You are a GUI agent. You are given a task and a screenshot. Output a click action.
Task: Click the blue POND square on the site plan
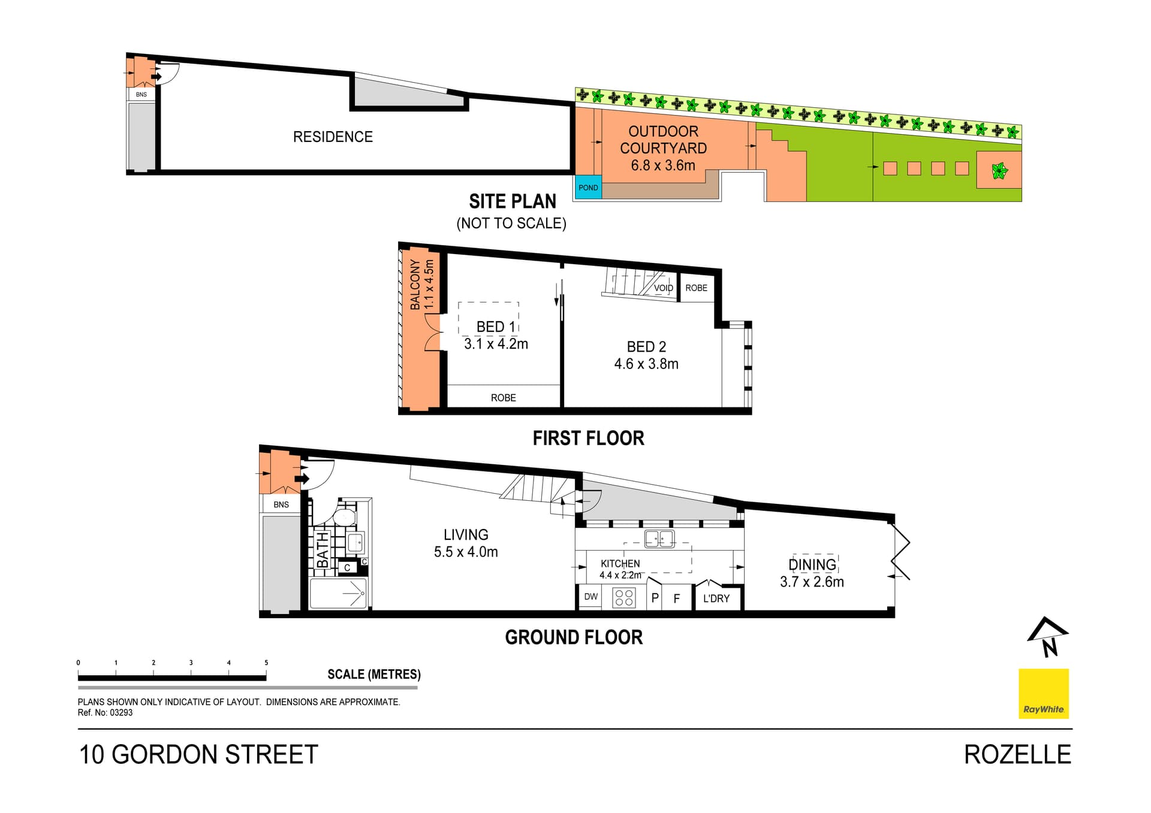587,188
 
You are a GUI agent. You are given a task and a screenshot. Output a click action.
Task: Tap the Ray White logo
1044,694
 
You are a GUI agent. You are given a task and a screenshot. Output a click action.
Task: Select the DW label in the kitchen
591,597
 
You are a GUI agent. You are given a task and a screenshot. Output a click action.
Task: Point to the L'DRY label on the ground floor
716,599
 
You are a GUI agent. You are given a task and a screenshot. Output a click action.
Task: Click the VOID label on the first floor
663,288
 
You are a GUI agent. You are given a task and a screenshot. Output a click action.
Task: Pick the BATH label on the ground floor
323,549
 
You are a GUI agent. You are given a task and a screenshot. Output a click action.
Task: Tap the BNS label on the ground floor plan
281,504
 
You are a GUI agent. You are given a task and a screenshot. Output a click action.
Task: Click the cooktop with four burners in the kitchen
624,598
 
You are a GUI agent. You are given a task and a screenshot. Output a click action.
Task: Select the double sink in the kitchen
659,539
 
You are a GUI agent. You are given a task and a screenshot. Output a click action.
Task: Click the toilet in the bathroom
344,518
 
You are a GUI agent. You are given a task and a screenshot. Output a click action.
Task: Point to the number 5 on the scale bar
266,663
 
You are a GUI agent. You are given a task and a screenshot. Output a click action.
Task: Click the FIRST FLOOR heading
588,439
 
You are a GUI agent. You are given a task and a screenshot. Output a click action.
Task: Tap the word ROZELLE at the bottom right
1017,755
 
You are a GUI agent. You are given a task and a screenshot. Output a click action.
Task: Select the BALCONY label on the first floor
415,285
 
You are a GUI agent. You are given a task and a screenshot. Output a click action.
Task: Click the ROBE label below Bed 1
503,398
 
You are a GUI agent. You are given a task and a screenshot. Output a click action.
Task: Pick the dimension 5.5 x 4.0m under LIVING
466,552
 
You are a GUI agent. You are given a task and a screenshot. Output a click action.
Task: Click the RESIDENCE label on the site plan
333,137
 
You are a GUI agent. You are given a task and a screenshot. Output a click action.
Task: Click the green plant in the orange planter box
999,171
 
